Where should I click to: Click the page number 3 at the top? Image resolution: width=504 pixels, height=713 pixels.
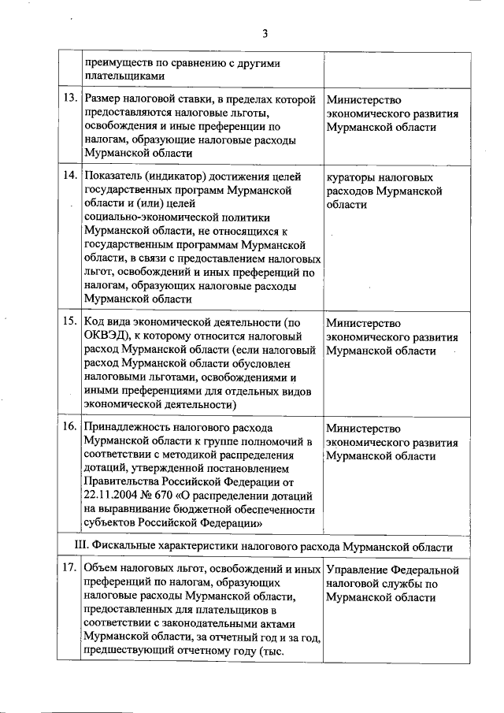[265, 33]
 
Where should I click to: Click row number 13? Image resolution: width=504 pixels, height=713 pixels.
[69, 98]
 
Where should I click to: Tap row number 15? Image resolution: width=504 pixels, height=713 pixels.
[69, 321]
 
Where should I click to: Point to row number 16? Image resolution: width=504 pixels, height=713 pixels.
[69, 428]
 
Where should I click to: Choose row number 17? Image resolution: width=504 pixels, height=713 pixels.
[69, 569]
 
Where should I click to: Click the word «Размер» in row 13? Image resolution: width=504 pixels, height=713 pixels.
[106, 99]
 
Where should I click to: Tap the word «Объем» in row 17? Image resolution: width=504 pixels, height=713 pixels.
[101, 569]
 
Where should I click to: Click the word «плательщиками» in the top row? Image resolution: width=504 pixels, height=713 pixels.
[125, 76]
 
